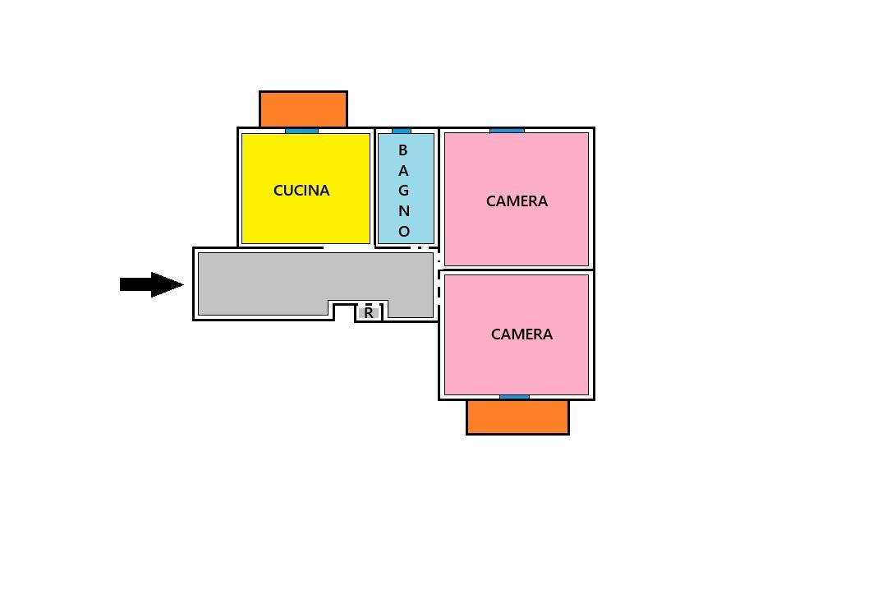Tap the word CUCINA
tap(301, 191)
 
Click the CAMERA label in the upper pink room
tap(517, 201)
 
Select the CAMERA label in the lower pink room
tap(521, 334)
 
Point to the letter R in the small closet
tap(369, 313)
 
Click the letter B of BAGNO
tap(402, 150)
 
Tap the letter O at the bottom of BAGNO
tap(404, 232)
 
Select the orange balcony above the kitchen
tap(303, 109)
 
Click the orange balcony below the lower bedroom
tap(517, 417)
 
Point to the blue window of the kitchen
tap(301, 131)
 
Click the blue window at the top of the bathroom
tap(402, 131)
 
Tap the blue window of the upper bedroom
tap(507, 130)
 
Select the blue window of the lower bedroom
tap(514, 397)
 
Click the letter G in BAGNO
tap(403, 191)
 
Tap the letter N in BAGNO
tap(404, 211)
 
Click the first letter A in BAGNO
tap(402, 171)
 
